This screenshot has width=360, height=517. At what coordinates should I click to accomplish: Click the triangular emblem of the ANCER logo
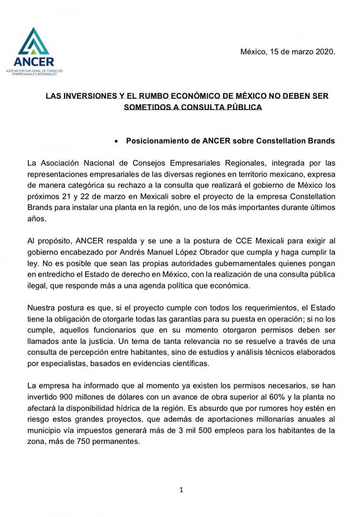point(34,40)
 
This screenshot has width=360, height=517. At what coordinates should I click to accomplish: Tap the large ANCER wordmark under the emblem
point(34,61)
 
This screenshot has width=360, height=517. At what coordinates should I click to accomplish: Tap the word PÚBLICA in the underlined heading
point(241,107)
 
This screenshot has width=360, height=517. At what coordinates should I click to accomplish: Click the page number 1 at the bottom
point(181,490)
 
